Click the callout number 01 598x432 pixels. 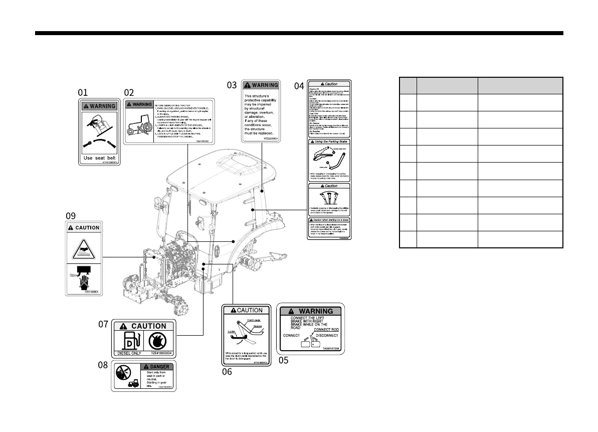pyautogui.click(x=83, y=92)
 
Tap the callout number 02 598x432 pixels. pyautogui.click(x=129, y=92)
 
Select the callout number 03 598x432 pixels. pyautogui.click(x=232, y=85)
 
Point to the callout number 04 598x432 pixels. pyautogui.click(x=299, y=86)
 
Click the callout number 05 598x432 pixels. pyautogui.click(x=284, y=360)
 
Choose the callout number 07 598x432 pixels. pyautogui.click(x=104, y=325)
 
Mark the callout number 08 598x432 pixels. pyautogui.click(x=103, y=365)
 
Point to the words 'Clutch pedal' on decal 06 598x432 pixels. pyautogui.click(x=254, y=320)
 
